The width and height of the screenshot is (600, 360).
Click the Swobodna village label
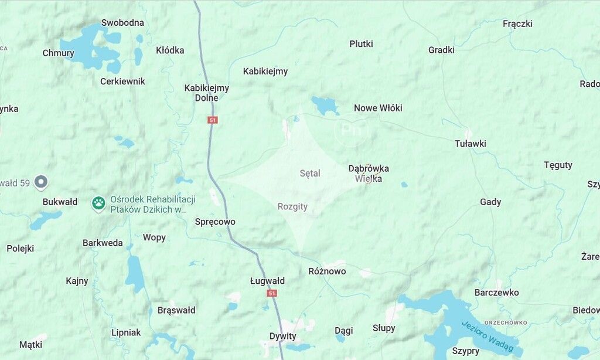[122, 23]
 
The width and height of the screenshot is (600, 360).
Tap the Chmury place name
[58, 53]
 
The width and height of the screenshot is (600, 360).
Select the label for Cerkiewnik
[122, 81]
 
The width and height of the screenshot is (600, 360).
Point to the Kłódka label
[170, 50]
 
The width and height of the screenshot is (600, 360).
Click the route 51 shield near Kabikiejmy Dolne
[212, 120]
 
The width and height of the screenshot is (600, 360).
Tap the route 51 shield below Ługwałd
[271, 293]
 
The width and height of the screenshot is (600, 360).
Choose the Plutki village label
[361, 44]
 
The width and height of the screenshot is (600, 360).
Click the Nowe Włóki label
[378, 108]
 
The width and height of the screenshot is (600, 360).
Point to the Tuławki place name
[470, 144]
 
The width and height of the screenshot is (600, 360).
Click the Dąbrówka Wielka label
[369, 173]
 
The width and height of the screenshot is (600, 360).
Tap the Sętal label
[310, 174]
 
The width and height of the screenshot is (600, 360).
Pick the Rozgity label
[292, 206]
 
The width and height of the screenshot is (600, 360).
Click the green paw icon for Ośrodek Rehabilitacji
[98, 203]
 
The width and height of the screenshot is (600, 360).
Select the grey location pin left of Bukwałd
[40, 182]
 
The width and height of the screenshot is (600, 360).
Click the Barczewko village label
[496, 293]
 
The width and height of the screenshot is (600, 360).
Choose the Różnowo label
[327, 271]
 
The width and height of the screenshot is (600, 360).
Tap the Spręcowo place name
[215, 222]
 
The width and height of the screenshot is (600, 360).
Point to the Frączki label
[517, 24]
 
